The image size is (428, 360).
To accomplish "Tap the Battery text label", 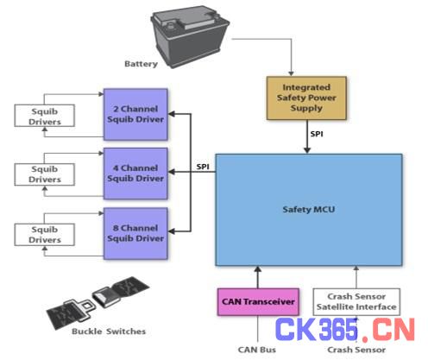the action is pyautogui.click(x=141, y=64).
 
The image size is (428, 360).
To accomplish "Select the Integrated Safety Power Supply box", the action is pyautogui.click(x=306, y=98).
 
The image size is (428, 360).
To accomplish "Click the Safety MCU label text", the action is pyautogui.click(x=309, y=209).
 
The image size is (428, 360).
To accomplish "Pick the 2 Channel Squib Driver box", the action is pyautogui.click(x=135, y=114).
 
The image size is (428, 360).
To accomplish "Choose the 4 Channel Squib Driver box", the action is pyautogui.click(x=135, y=174).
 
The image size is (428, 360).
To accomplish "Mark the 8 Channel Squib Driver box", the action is pyautogui.click(x=135, y=233).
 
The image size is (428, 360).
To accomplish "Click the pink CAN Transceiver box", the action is pyautogui.click(x=258, y=302).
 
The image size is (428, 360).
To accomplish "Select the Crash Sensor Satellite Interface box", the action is pyautogui.click(x=356, y=302).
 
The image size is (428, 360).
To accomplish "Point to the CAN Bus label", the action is pyautogui.click(x=257, y=350).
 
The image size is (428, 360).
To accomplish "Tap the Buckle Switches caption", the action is pyautogui.click(x=109, y=332).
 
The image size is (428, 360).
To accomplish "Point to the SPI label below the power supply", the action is pyautogui.click(x=317, y=134).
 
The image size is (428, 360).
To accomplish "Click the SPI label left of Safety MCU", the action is pyautogui.click(x=203, y=167).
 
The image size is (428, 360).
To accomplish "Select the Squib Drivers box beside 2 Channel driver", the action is pyautogui.click(x=45, y=116).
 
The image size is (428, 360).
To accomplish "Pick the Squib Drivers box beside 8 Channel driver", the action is pyautogui.click(x=45, y=235).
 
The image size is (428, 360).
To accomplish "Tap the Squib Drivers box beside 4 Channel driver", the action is pyautogui.click(x=45, y=174).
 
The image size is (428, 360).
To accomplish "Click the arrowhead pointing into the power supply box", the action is pyautogui.click(x=292, y=73).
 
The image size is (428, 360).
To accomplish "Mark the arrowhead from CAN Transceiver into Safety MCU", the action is pyautogui.click(x=258, y=269).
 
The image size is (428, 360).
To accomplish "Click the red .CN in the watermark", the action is pyautogui.click(x=388, y=330).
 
